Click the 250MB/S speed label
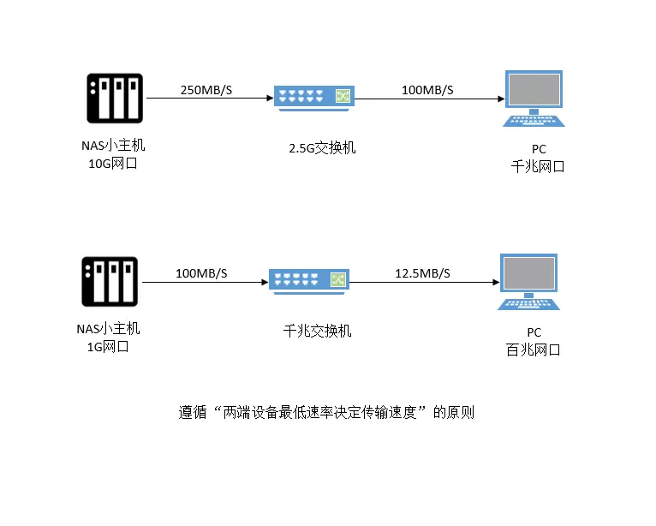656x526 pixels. click(206, 90)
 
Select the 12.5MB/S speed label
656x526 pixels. click(422, 273)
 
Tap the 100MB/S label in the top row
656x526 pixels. click(427, 90)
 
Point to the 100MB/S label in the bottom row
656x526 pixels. click(201, 273)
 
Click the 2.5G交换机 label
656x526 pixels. click(322, 148)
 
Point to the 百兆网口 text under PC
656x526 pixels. click(534, 350)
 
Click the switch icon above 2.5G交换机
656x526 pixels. click(313, 98)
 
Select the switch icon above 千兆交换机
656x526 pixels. click(309, 280)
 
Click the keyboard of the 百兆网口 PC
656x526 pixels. click(530, 303)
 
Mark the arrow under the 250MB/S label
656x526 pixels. click(206, 99)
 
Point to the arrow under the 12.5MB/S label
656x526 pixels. click(424, 283)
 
